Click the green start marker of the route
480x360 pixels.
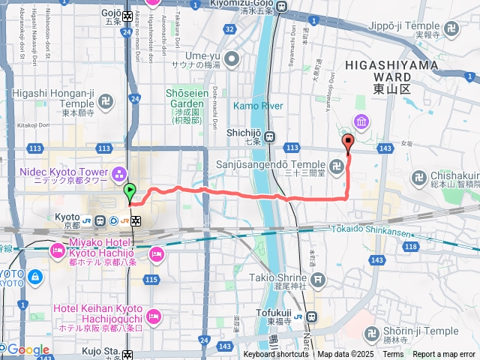[129, 193]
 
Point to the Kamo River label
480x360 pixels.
[258, 106]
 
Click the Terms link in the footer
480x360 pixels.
[393, 354]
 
